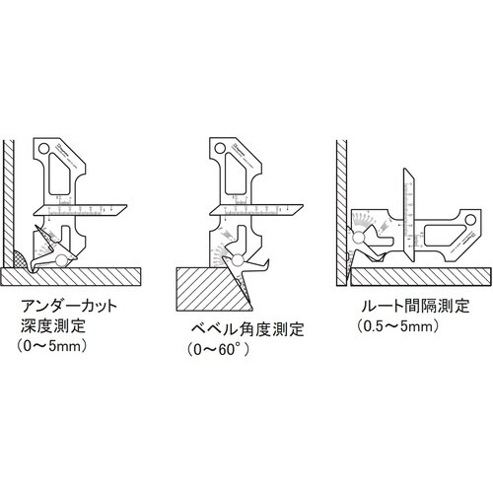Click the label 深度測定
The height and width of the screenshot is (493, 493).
51,327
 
